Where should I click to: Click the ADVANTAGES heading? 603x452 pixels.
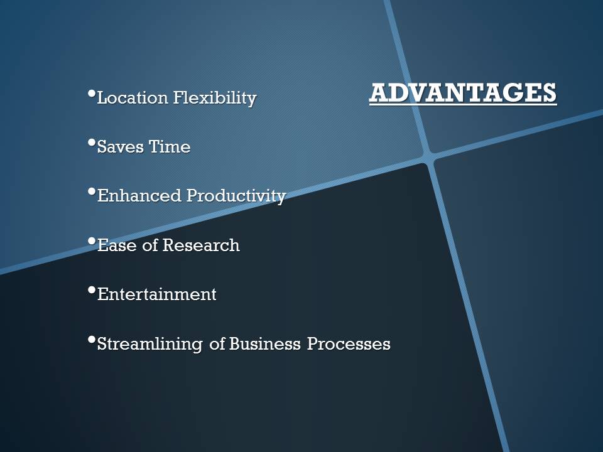coord(463,93)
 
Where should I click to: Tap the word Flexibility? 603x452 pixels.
coord(215,99)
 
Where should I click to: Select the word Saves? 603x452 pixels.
coord(121,147)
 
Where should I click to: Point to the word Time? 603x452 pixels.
coord(170,147)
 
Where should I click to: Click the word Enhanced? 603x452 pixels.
coord(139,196)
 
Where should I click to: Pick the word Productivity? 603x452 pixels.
coord(236,196)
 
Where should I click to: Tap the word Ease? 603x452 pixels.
coord(117,245)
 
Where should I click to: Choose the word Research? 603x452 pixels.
coord(201,245)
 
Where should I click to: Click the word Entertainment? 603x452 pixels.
coord(157,294)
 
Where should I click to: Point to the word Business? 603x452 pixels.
coord(264,343)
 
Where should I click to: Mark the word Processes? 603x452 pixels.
coord(349,343)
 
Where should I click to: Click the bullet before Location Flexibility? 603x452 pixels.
coord(92,94)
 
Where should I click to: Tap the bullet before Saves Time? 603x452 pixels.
coord(92,143)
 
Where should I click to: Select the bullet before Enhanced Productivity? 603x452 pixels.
coord(92,191)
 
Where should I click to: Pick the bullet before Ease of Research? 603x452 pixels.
coord(92,241)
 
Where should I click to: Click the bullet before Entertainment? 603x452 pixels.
coord(92,290)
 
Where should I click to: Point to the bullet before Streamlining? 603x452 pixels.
coord(92,340)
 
